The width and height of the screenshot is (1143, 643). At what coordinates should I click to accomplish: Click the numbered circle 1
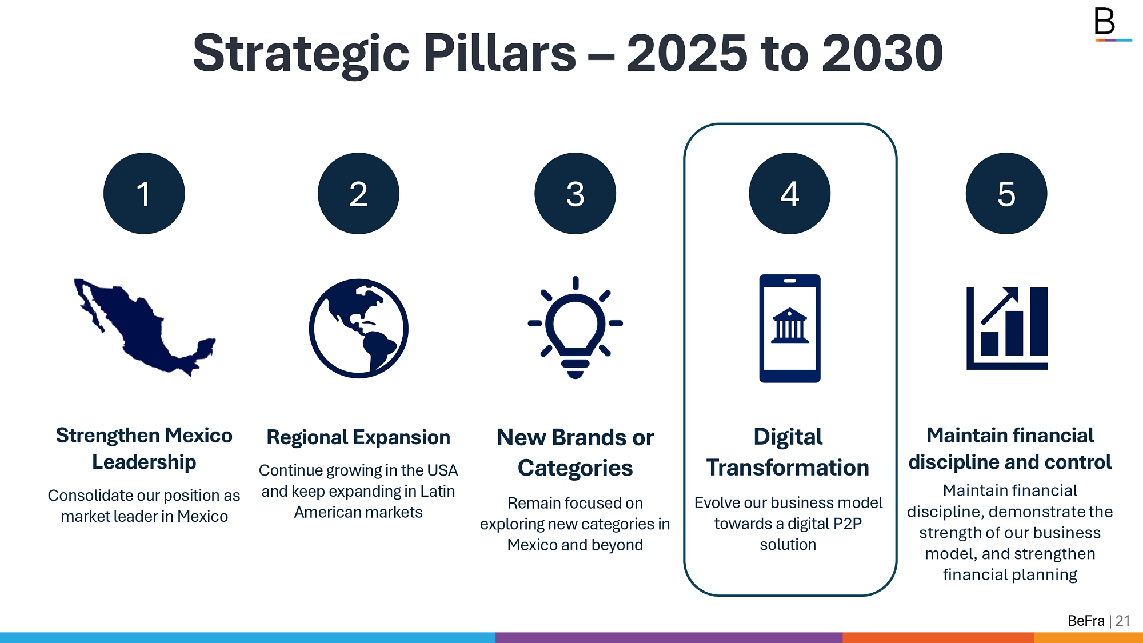(144, 193)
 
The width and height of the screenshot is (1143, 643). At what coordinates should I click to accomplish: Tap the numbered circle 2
(358, 193)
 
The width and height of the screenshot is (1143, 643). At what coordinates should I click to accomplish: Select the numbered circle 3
(575, 193)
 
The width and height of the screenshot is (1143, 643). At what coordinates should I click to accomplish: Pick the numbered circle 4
(789, 193)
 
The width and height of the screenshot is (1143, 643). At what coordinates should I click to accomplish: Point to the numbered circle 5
(1006, 193)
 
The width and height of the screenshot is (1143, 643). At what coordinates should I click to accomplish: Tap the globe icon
(358, 328)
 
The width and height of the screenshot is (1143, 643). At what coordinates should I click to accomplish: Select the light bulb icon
(575, 328)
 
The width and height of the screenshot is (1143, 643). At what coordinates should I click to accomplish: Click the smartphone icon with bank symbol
(789, 328)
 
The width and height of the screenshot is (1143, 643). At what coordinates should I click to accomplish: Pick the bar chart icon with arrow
(1007, 328)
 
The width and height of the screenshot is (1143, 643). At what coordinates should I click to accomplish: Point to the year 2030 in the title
(882, 53)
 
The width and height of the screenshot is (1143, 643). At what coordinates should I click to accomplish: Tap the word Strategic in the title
(301, 54)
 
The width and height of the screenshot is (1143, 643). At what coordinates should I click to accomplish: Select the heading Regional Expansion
(358, 437)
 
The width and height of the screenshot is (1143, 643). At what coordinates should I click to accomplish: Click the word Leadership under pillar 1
(144, 462)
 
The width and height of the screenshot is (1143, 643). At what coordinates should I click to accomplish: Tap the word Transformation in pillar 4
(788, 468)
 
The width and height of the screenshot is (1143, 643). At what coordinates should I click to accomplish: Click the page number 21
(1122, 621)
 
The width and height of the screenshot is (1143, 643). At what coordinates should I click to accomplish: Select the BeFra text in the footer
(1086, 621)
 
